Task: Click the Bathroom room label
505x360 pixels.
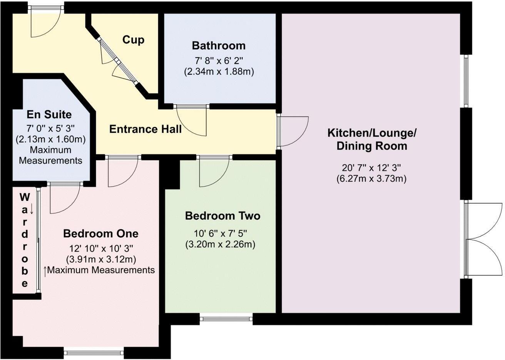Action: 219,46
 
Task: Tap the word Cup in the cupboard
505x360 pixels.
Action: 133,40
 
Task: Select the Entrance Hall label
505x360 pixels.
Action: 145,129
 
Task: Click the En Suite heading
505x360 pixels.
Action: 49,115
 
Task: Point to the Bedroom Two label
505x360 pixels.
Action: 223,216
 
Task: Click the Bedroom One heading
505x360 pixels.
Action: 101,233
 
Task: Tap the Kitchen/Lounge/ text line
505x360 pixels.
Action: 372,133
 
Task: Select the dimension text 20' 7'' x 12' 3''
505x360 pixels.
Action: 371,168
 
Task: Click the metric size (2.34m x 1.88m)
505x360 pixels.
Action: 219,72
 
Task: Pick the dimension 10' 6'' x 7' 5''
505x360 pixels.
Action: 220,233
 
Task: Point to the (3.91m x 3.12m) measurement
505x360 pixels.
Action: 101,260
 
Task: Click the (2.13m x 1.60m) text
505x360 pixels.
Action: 50,140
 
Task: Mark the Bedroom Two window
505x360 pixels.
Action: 226,318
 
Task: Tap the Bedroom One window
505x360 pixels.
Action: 94,353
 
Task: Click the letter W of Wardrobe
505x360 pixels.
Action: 25,198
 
